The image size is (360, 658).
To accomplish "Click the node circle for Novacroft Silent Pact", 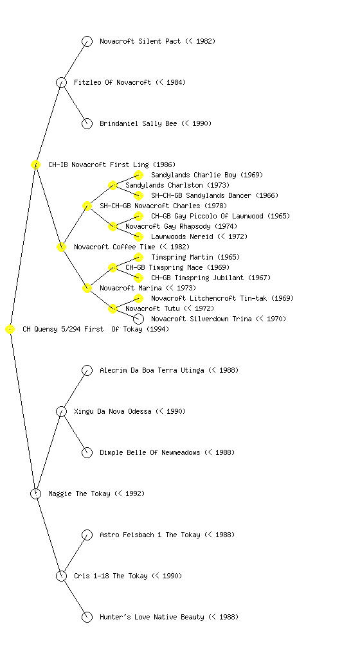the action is [87, 41].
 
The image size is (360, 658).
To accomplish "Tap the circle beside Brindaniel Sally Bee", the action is [87, 123].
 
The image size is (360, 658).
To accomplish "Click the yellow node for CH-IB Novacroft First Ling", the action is [35, 164].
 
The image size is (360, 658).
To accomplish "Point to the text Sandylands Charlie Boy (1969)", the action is [207, 175].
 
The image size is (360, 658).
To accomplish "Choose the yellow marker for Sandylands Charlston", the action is [113, 185].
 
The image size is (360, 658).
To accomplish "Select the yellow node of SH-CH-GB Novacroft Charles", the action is [87, 206].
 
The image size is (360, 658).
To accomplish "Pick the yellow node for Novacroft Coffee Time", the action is [61, 247].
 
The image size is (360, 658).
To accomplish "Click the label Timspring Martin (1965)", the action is [195, 257].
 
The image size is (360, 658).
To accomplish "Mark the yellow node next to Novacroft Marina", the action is [87, 288].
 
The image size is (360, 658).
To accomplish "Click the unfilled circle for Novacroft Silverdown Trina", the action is [138, 319].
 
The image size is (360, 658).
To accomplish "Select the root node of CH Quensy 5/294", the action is [10, 329].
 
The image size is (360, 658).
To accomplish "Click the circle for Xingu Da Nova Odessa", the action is [61, 411].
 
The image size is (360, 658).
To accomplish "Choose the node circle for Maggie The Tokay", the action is [35, 493].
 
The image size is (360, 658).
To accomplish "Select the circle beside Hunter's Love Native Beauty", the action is [87, 617].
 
